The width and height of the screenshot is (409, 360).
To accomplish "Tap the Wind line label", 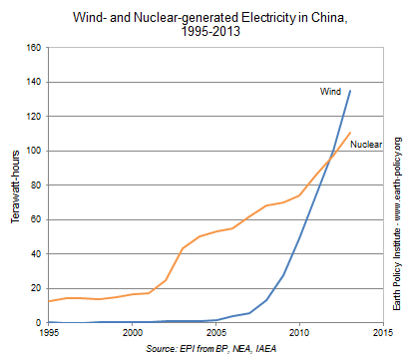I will click(330, 92).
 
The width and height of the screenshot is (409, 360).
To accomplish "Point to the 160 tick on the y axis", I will click(33, 48).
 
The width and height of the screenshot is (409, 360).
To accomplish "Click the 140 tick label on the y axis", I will click(33, 82).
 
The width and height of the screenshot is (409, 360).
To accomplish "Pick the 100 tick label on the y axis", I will click(33, 151).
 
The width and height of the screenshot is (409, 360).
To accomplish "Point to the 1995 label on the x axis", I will click(48, 334).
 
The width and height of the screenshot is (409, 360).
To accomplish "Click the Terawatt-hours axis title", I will click(14, 185).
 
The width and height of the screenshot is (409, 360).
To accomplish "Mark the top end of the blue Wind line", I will click(350, 91).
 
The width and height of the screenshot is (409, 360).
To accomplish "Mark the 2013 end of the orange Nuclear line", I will click(350, 133).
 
